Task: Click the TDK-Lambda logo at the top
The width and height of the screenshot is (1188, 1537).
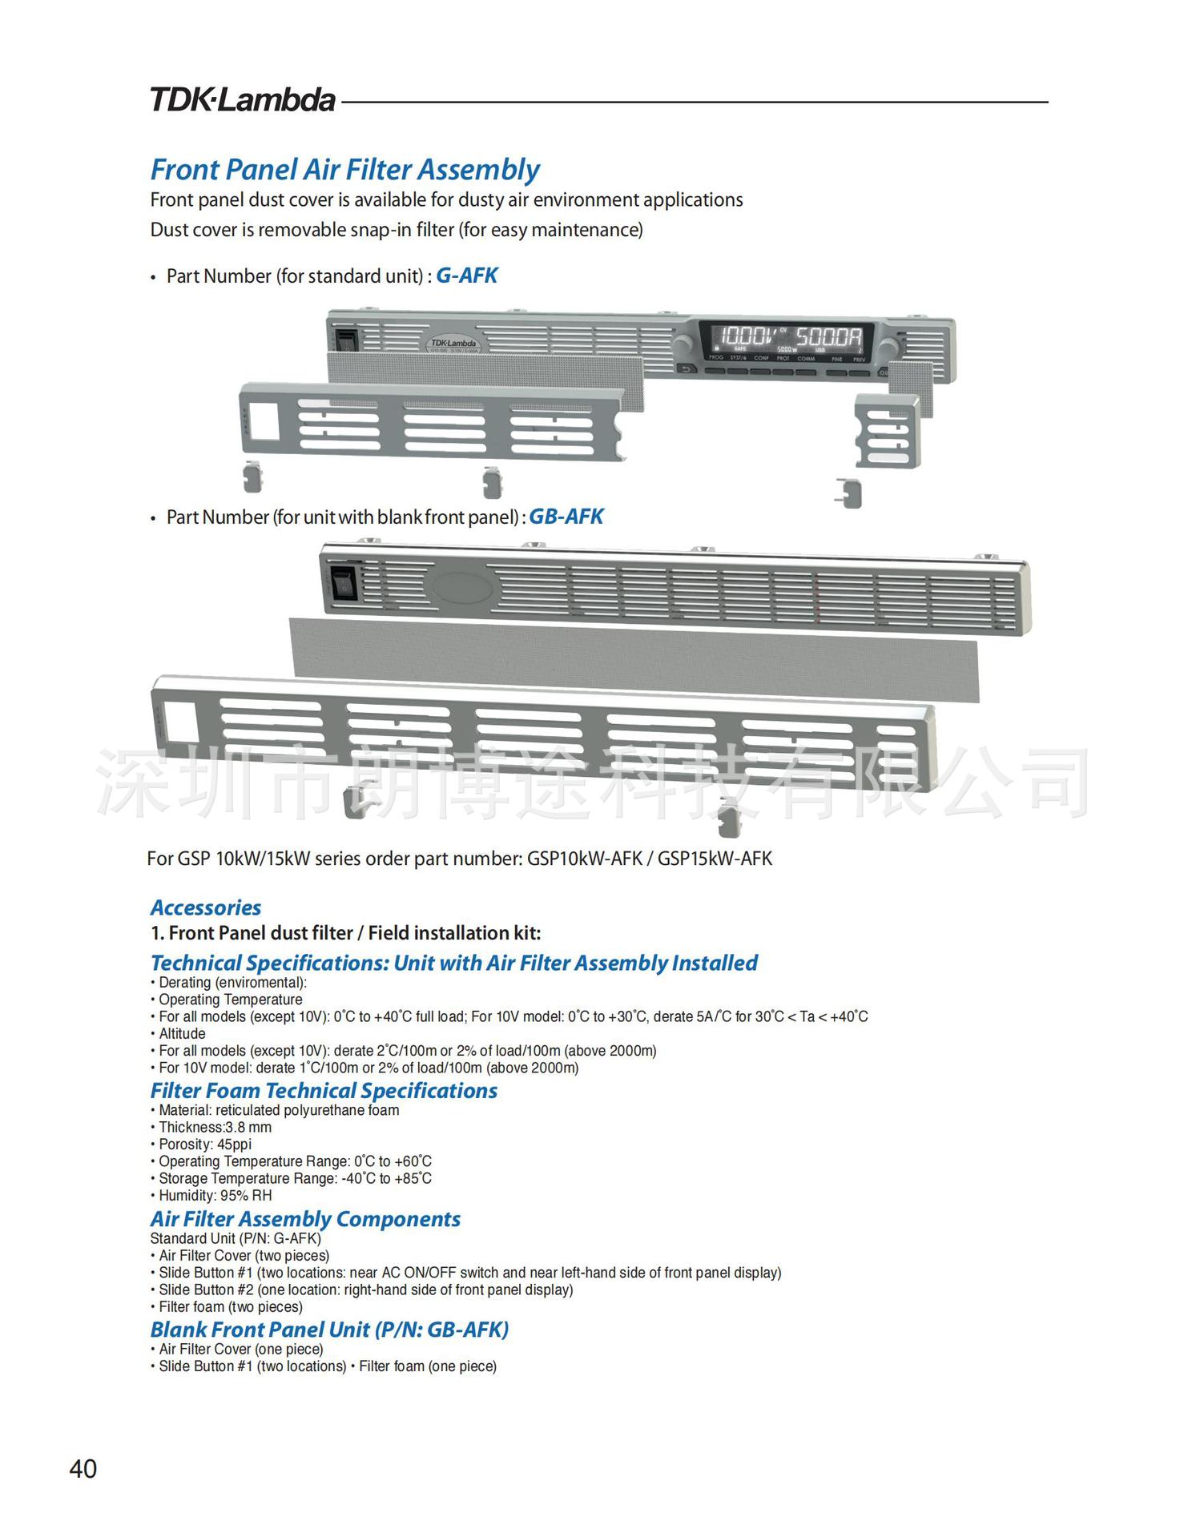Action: coord(242,99)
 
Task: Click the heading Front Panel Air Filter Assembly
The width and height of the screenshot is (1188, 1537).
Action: coord(344,170)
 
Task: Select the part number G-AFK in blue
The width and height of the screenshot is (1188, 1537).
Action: coord(466,276)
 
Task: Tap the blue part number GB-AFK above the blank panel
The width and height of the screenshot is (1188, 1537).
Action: coord(566,517)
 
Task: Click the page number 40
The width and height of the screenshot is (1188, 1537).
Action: coord(83,1468)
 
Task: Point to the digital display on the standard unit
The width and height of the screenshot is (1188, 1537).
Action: coord(784,340)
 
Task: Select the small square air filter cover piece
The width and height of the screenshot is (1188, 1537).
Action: coord(888,430)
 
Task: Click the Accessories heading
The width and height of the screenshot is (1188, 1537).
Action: coord(206,907)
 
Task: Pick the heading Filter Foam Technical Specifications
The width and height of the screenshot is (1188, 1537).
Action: coord(324,1090)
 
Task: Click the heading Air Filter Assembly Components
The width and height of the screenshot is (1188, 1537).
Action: coord(305,1218)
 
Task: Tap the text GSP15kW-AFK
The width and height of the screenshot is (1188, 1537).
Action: coord(715,859)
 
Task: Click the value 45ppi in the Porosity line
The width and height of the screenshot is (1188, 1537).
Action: coord(234,1144)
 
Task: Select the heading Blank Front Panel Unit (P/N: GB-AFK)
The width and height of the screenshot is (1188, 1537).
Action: coord(329,1329)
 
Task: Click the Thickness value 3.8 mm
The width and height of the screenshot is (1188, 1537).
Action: coord(248,1127)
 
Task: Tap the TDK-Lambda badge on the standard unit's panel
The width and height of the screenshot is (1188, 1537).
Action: coord(453,343)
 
